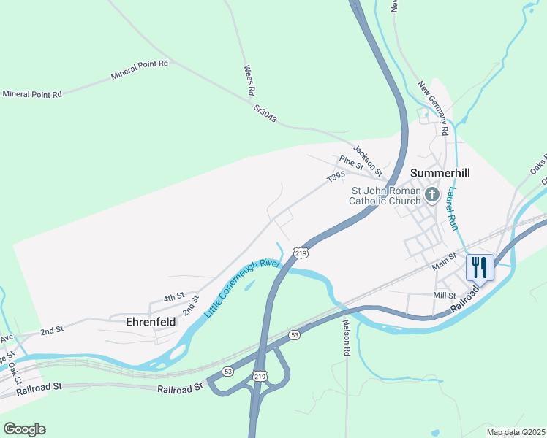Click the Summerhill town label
(440, 173)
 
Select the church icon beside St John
(432, 194)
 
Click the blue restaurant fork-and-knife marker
(480, 267)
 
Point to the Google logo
(24, 429)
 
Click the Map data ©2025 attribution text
(516, 432)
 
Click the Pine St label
(351, 163)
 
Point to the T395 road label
(336, 177)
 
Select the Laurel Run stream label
(453, 210)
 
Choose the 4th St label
(173, 297)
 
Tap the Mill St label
(445, 296)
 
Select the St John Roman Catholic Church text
(385, 196)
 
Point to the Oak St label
(12, 375)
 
